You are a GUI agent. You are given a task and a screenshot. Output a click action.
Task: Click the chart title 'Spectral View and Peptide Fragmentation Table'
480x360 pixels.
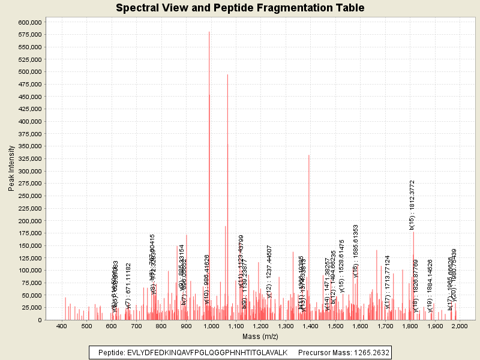240,8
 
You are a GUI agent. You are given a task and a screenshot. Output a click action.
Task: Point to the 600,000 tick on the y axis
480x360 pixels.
29,22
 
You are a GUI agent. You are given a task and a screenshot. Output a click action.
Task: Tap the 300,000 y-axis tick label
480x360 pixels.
29,171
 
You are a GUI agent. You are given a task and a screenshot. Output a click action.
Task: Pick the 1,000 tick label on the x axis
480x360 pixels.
211,325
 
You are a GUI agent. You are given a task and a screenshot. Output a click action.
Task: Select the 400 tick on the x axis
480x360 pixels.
62,325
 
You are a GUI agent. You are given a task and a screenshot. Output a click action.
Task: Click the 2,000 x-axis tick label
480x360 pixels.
459,325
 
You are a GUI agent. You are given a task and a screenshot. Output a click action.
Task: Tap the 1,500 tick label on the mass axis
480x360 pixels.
335,325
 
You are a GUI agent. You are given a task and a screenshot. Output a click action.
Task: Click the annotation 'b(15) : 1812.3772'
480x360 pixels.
412,205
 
